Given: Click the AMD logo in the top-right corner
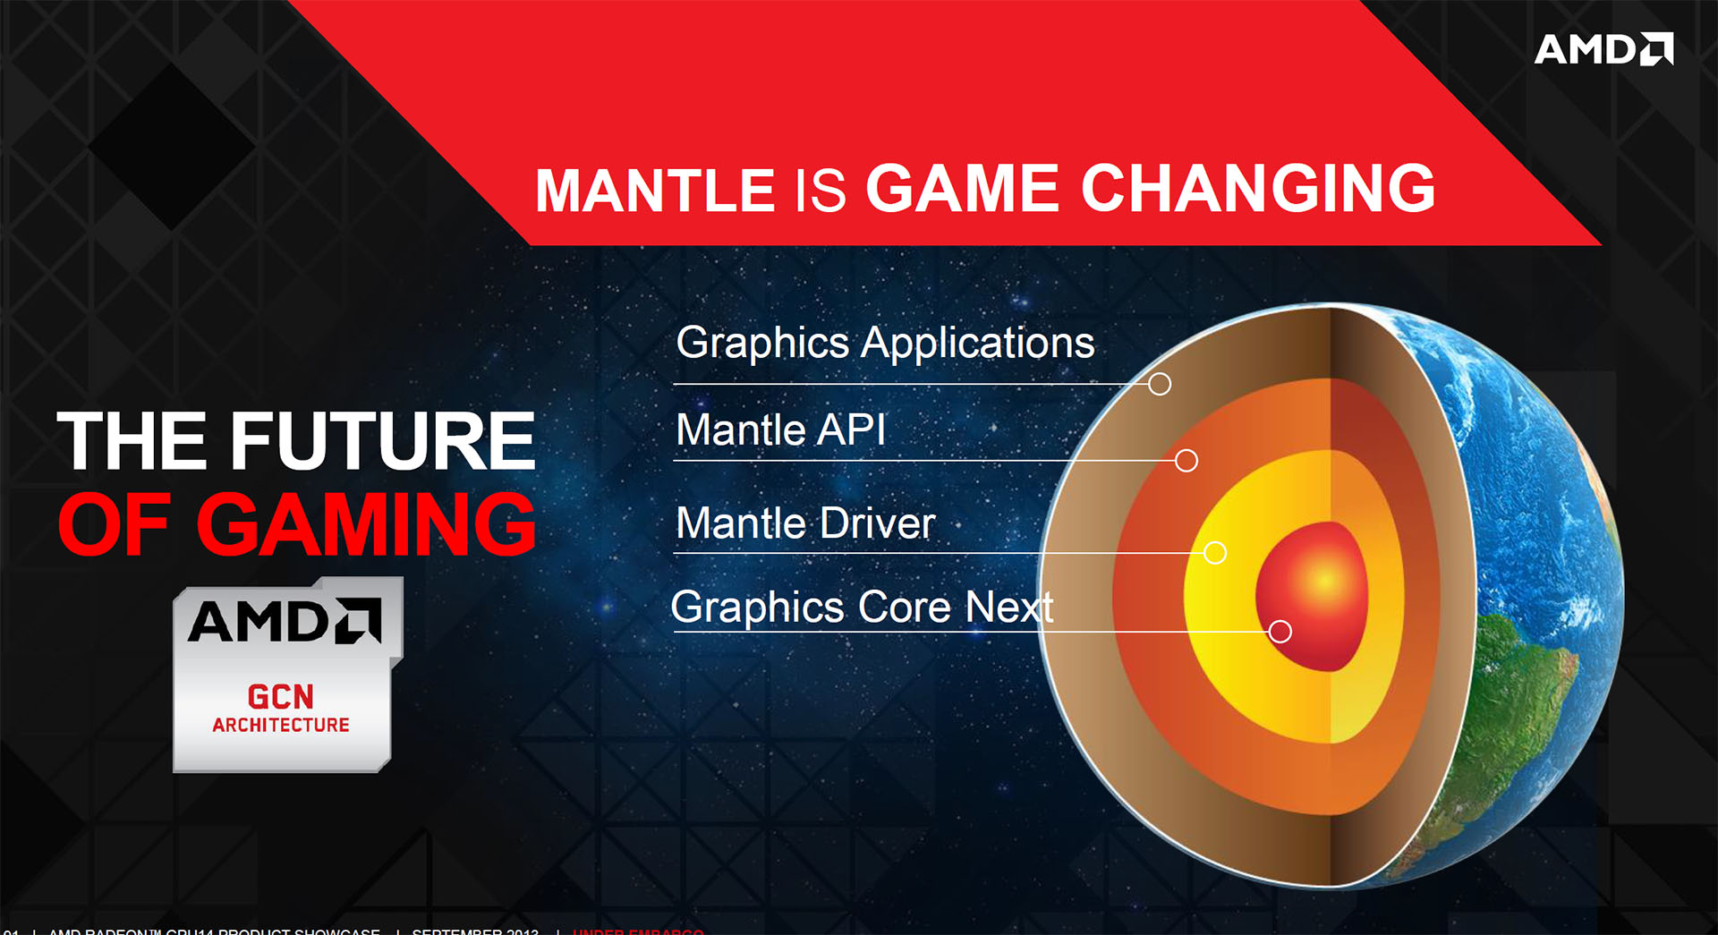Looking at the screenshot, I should click(x=1603, y=49).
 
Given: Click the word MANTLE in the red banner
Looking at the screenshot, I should click(x=654, y=190).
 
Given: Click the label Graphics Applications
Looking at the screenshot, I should click(x=884, y=343).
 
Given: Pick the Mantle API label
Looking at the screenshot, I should click(x=780, y=430).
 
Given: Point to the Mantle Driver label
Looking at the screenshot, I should click(x=805, y=523).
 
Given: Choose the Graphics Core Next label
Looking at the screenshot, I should click(x=861, y=608).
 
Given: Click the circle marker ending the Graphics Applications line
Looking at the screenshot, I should click(x=1160, y=384).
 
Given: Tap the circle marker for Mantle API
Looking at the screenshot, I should click(x=1186, y=461).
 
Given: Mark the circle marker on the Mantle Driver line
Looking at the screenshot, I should click(x=1215, y=553).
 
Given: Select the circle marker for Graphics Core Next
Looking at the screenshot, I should click(x=1280, y=632).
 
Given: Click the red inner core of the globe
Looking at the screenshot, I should click(x=1315, y=591).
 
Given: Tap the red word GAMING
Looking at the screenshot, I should click(x=365, y=525).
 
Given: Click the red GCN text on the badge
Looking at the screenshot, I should click(x=281, y=697).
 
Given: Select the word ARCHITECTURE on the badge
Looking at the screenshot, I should click(x=281, y=725).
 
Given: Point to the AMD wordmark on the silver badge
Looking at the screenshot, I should click(x=285, y=621).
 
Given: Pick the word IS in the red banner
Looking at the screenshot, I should click(x=820, y=190).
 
